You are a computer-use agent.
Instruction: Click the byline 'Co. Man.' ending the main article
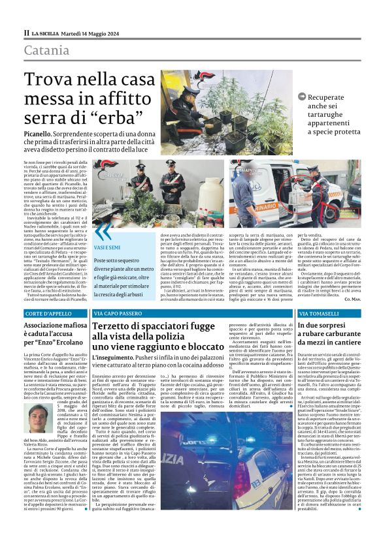[350, 298]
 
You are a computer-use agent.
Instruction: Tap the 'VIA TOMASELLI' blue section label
[316, 314]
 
